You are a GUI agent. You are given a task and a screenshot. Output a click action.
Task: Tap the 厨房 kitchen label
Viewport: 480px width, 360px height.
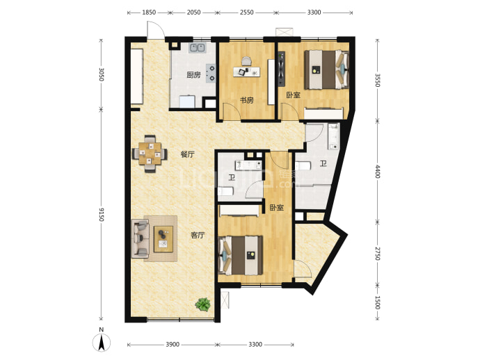(193, 75)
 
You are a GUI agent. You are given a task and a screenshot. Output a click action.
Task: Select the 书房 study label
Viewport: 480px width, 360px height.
(246, 100)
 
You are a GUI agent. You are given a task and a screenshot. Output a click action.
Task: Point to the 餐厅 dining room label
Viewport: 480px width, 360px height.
(187, 154)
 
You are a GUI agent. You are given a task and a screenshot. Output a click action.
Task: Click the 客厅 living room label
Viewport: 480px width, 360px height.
(198, 235)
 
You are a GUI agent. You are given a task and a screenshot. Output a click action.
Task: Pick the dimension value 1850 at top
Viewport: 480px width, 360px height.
(149, 13)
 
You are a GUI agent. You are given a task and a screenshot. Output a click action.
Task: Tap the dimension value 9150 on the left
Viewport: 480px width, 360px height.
(102, 214)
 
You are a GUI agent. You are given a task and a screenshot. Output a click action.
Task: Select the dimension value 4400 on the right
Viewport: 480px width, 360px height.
(378, 172)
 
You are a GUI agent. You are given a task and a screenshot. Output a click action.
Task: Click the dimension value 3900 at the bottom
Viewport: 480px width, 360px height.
(173, 345)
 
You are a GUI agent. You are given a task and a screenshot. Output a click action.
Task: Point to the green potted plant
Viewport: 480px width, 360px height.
(203, 304)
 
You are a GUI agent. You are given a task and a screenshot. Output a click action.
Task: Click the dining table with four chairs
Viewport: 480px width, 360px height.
(150, 154)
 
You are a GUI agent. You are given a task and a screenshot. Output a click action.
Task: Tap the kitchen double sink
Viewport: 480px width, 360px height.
(197, 47)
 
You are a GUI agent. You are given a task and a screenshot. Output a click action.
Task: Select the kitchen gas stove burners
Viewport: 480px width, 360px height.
(211, 73)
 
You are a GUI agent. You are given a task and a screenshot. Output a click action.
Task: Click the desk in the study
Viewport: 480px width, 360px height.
(246, 72)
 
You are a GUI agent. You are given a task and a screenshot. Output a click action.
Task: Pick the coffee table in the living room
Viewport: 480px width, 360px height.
(163, 239)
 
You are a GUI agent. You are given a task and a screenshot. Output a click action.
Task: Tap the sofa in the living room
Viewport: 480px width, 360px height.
(141, 238)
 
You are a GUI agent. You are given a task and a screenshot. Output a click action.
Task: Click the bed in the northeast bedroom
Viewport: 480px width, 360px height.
(327, 69)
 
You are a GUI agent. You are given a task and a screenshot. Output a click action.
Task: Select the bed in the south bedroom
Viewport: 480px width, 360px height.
(240, 255)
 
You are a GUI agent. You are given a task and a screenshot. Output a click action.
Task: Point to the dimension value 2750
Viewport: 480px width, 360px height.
(378, 253)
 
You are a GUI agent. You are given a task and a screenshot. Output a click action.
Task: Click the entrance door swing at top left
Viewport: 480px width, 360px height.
(156, 30)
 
